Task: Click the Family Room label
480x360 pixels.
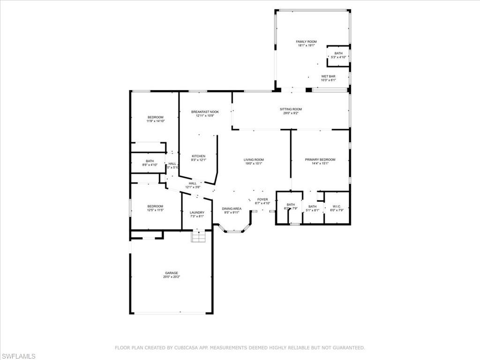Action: tap(306, 42)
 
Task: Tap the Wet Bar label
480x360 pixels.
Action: tap(328, 76)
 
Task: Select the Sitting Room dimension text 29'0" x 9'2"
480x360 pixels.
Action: tap(291, 113)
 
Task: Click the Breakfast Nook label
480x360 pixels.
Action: tap(205, 112)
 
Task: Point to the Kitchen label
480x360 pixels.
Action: tap(198, 156)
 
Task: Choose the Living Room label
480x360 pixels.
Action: tap(254, 160)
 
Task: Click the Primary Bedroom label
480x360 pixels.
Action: tap(320, 160)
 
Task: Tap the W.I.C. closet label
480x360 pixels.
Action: tap(337, 207)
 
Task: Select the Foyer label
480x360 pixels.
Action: tap(262, 200)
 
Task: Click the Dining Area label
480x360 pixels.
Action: tap(232, 209)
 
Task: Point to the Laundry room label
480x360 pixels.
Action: tap(197, 212)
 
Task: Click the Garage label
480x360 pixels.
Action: tap(171, 273)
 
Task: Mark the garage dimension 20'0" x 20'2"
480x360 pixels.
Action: tap(171, 277)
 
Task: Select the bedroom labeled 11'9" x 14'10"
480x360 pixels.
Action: tap(155, 117)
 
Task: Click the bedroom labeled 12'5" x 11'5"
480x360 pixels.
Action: tap(155, 206)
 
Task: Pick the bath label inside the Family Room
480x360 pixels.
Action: tap(338, 53)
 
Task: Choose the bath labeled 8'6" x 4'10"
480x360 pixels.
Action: tap(150, 161)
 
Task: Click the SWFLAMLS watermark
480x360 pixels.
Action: tap(18, 356)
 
